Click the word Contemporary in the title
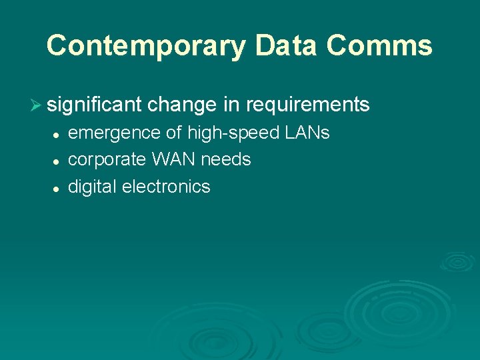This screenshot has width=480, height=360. coord(147,46)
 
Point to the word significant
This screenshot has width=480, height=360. coord(95,105)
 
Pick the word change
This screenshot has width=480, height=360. coord(183,105)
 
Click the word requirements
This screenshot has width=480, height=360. coord(307,105)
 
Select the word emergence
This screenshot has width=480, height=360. coord(115,133)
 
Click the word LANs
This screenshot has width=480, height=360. coord(307,133)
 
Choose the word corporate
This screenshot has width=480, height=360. coord(107,160)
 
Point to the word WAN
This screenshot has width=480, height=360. coord(174,160)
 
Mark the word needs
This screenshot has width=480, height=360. coord(226,160)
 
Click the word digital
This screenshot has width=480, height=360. coord(93,187)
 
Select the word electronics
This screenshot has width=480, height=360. coord(166,187)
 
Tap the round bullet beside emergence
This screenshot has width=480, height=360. coord(57,135)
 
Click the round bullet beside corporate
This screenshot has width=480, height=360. coord(57,161)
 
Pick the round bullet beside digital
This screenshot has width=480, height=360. coord(57,188)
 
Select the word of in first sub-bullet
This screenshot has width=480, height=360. coord(173,133)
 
